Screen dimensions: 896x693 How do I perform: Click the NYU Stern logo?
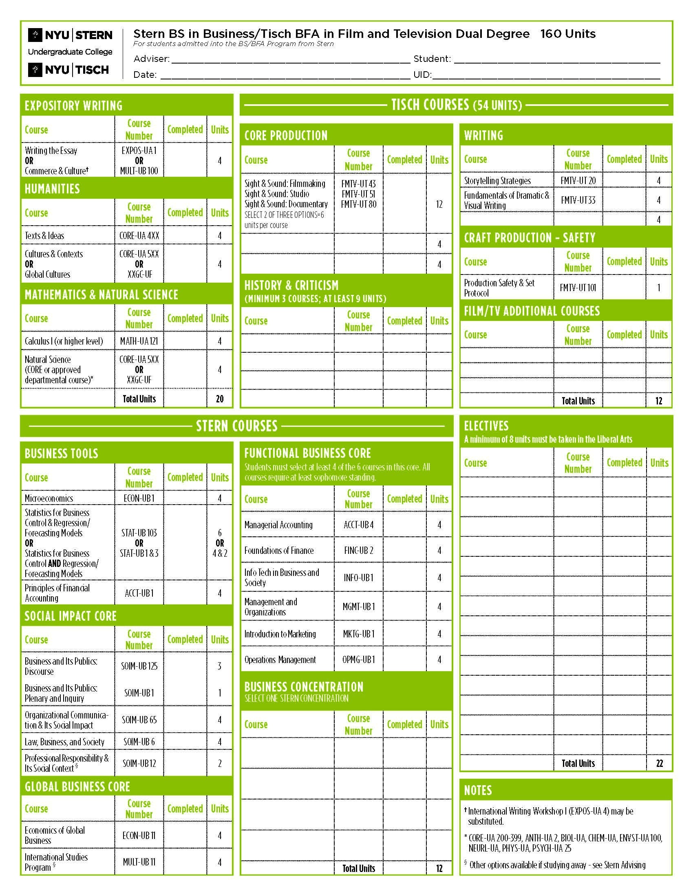pos(70,35)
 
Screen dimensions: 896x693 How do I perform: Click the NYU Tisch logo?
pos(68,70)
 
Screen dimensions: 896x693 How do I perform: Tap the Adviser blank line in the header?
pos(291,59)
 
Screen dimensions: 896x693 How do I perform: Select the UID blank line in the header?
pos(546,75)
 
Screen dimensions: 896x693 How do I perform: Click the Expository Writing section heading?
pos(73,106)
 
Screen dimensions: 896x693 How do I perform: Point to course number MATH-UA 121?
pos(139,341)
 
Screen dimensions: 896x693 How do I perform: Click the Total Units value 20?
pos(220,399)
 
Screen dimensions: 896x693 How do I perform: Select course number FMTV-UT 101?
pos(578,288)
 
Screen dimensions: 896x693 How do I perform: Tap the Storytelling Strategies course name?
pos(497,180)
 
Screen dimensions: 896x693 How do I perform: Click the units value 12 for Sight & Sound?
pos(439,204)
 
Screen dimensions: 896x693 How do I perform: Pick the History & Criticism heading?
pos(291,285)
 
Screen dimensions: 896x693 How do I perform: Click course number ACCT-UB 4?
pos(358,525)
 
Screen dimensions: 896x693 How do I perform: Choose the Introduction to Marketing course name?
pos(280,634)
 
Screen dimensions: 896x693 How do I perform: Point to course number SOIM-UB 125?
pos(139,666)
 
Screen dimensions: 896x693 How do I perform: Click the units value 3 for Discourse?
pos(220,666)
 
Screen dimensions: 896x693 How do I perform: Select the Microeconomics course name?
pos(49,498)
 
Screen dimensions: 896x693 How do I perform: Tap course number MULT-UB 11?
pos(139,861)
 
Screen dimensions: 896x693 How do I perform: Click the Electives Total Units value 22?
pos(659,763)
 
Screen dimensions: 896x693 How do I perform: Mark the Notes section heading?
pos(478,790)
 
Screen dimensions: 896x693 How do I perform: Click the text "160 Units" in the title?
pos(568,34)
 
